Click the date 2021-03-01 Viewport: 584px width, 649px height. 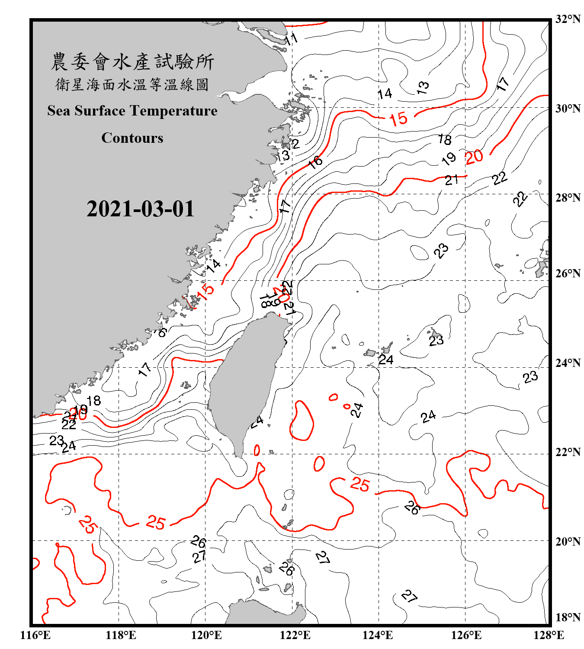(x=140, y=209)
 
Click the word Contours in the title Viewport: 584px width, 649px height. (x=132, y=138)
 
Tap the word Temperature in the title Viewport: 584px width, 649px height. (x=173, y=111)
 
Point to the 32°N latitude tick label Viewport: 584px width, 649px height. (x=568, y=19)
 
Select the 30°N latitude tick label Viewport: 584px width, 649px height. (x=568, y=108)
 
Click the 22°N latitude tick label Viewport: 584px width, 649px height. (x=568, y=452)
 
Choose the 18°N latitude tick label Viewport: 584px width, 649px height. (x=568, y=617)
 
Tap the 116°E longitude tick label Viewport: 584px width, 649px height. (x=35, y=635)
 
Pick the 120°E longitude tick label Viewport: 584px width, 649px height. (x=206, y=635)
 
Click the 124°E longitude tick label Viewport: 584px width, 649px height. (x=378, y=635)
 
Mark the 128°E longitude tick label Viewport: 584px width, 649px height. (x=549, y=635)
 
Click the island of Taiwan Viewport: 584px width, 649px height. (x=244, y=381)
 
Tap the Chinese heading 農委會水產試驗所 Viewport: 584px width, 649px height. (x=132, y=62)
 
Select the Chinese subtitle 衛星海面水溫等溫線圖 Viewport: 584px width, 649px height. (x=132, y=84)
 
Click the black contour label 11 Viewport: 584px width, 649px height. (x=291, y=39)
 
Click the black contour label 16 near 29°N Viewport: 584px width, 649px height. (x=315, y=162)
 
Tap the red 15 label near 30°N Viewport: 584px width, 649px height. (x=398, y=119)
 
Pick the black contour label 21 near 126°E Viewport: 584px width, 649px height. (x=451, y=180)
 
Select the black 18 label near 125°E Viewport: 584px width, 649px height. (x=445, y=139)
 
